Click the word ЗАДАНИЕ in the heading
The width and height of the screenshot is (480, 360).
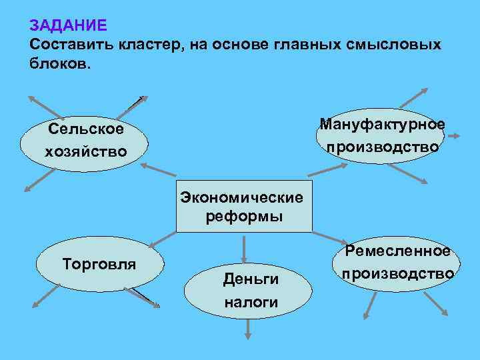(68, 26)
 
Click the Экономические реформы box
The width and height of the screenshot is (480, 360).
(244, 206)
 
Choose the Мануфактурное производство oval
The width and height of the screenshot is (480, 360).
(381, 136)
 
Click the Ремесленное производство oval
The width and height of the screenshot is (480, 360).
(397, 263)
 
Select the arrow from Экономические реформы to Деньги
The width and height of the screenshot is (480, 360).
(245, 246)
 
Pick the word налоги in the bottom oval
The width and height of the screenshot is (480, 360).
(251, 303)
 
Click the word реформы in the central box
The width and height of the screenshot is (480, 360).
(244, 216)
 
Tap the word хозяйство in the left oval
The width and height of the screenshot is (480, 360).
(85, 152)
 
